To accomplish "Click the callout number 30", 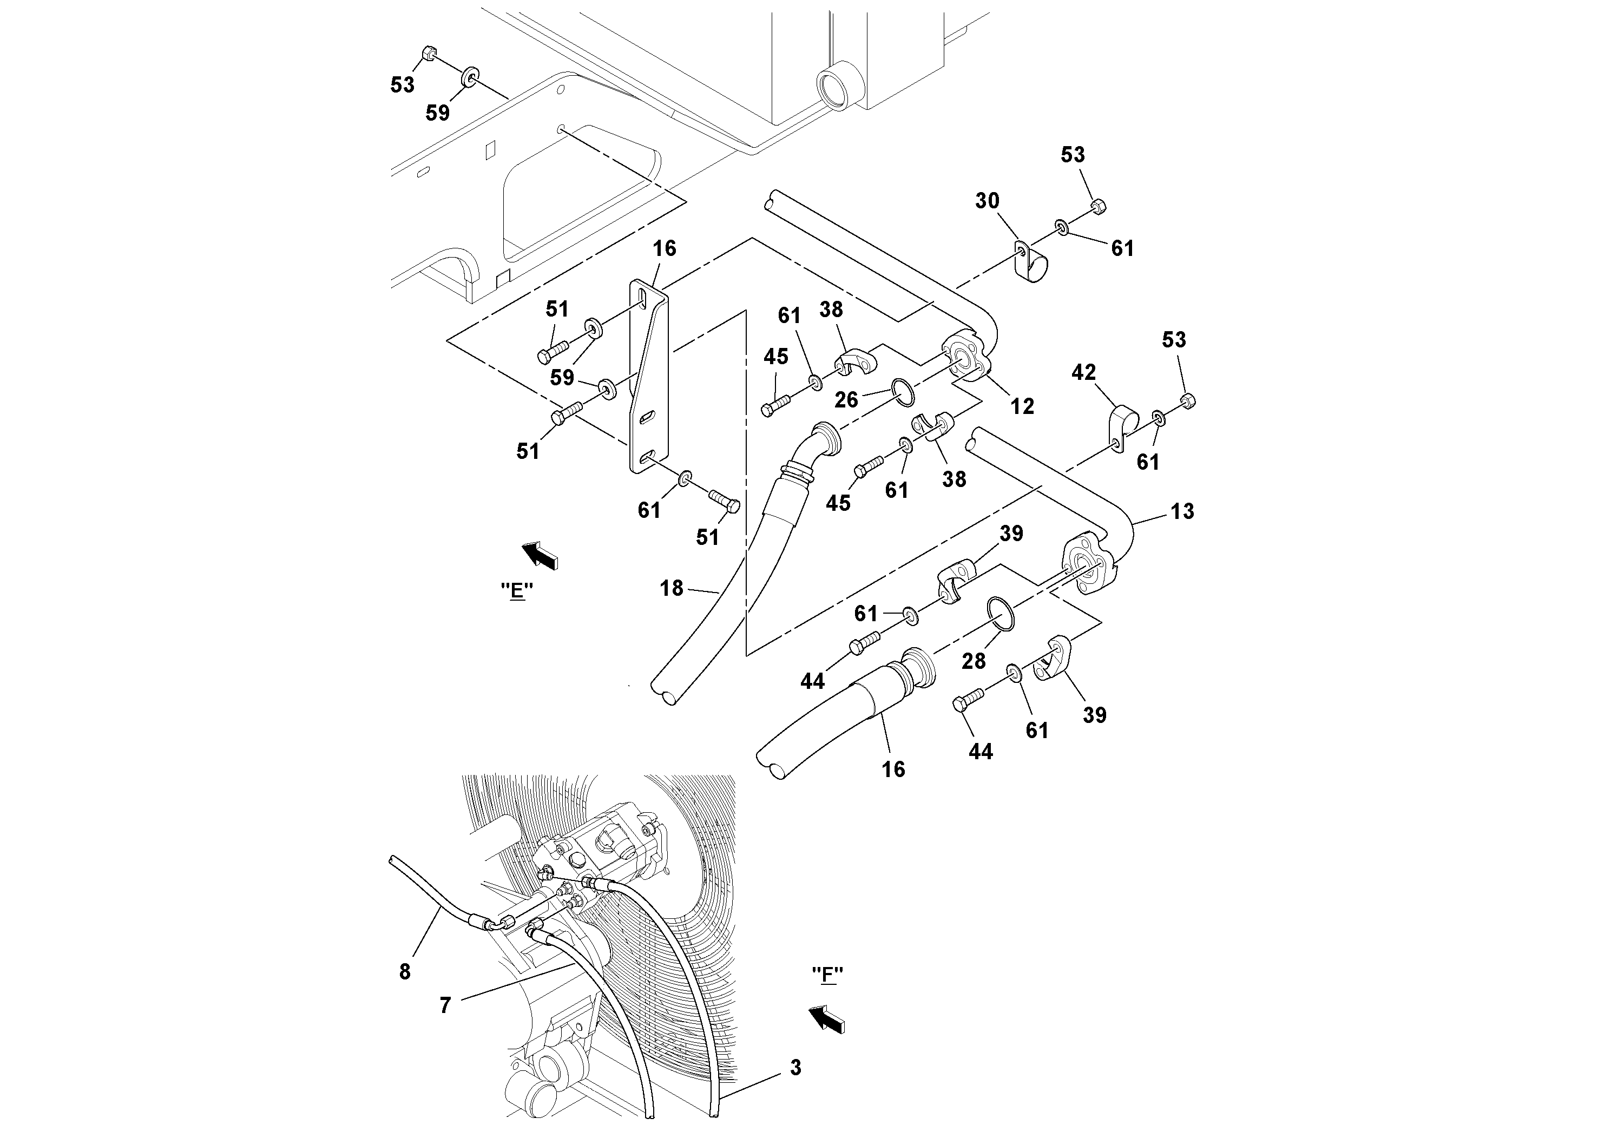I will point(987,201).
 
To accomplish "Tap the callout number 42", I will point(1083,372).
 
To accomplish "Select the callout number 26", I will point(846,399).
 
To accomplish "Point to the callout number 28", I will point(973,660).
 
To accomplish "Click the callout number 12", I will point(1022,406).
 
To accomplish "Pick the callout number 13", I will point(1182,511).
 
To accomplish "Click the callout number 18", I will point(672,588).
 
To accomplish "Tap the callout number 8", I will point(405,972).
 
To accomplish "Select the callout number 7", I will point(445,1006).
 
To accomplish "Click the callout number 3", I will point(795,1068).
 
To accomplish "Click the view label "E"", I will point(517,591).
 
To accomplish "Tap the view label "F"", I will point(827,975).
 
